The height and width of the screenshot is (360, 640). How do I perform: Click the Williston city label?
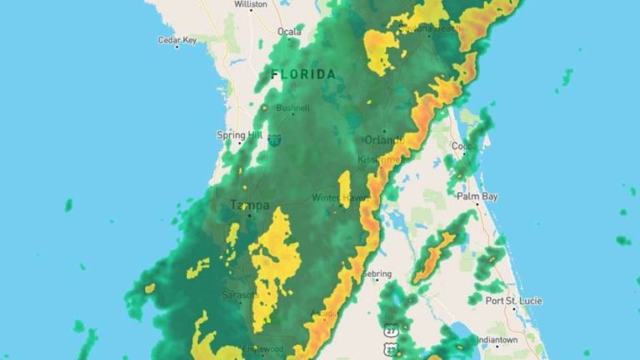point(251,4)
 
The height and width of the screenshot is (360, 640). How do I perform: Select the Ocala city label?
point(289,32)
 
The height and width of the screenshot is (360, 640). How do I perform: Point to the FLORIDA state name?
point(303,74)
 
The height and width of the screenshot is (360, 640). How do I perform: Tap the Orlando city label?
point(383,140)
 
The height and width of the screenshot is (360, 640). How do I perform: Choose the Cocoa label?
point(462,146)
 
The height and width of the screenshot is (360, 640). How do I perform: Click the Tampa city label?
point(249,205)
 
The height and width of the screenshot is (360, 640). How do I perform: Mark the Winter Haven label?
point(339,197)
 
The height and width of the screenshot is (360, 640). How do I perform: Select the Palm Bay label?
point(477,197)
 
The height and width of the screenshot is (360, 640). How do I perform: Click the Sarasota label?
point(238,294)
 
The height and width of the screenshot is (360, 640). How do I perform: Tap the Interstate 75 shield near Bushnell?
point(275,141)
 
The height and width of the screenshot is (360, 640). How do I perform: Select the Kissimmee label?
point(379,157)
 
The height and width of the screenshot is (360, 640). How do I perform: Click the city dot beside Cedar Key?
point(177,47)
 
